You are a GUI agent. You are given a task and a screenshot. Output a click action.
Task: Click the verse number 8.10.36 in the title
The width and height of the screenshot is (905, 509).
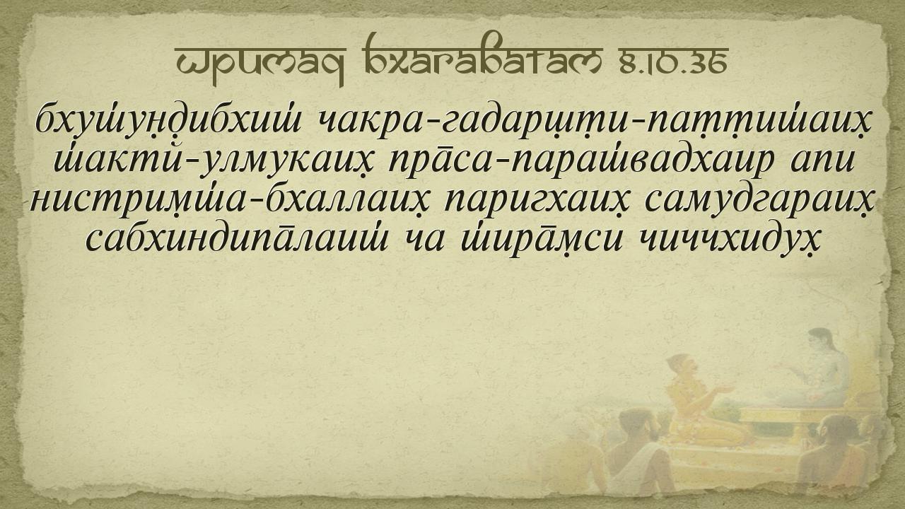pos(674,62)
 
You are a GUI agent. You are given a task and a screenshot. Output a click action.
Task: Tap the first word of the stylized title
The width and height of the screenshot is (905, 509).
pos(261,64)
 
